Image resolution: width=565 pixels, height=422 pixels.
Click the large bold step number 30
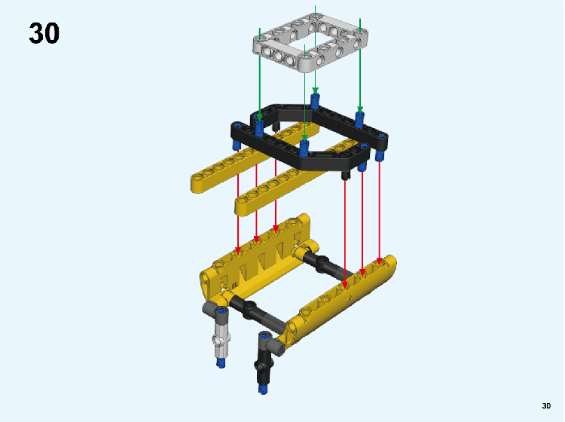click(x=44, y=33)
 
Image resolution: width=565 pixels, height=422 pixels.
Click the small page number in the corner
click(x=546, y=405)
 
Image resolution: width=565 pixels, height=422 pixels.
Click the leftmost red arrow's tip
click(x=238, y=254)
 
